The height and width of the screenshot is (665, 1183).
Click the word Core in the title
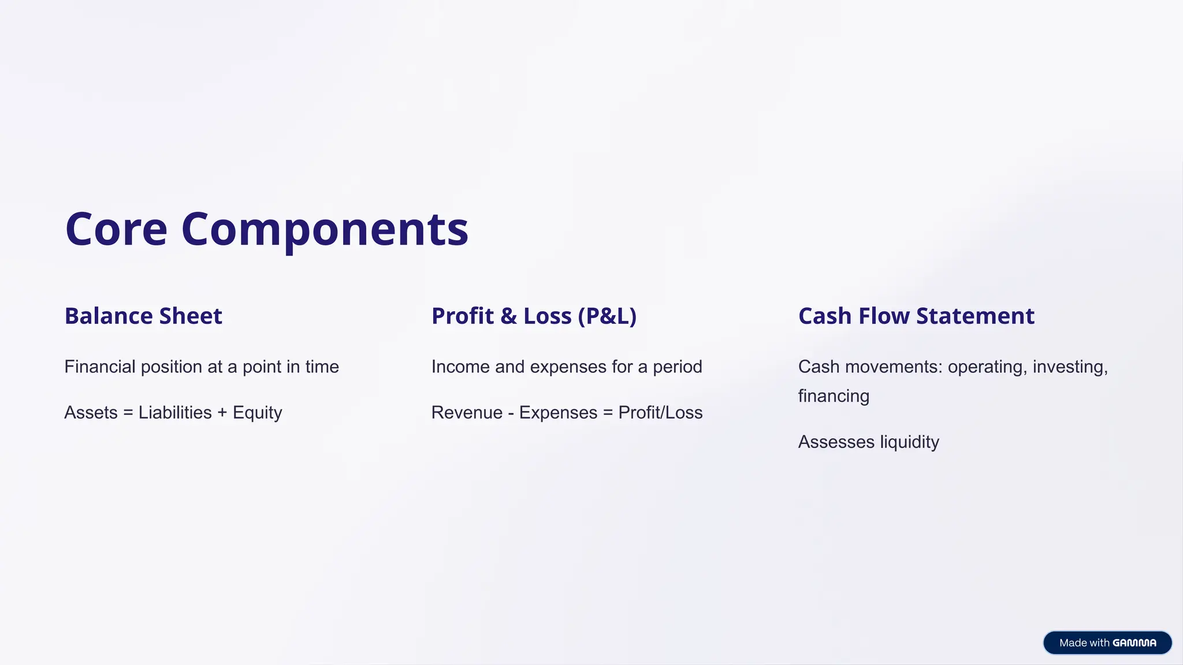click(116, 229)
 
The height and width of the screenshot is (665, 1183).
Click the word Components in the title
click(325, 230)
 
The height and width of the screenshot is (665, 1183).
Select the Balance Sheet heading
click(143, 316)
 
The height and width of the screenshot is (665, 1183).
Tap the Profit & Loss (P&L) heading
click(534, 316)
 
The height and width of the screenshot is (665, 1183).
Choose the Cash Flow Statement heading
click(916, 316)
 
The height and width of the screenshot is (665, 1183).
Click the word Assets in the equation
click(91, 413)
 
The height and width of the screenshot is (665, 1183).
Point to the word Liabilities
click(175, 413)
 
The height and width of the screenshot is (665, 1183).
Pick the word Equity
click(258, 413)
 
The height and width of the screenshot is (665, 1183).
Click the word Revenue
click(467, 413)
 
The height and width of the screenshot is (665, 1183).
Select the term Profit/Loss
click(660, 413)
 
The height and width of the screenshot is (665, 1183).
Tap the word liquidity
click(909, 442)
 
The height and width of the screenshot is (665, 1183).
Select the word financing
click(834, 397)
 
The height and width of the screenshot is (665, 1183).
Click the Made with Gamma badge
click(1107, 642)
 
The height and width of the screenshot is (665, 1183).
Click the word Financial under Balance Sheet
click(100, 367)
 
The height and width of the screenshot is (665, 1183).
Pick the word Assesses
click(836, 442)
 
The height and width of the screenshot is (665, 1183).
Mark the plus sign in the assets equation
click(222, 413)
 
